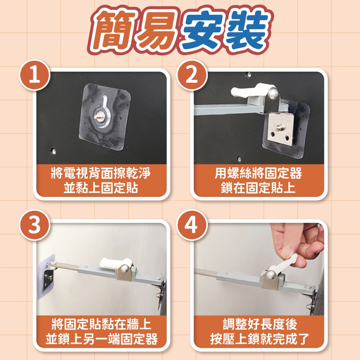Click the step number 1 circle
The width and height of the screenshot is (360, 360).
point(35,75)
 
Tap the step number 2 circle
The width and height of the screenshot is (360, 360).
point(192,75)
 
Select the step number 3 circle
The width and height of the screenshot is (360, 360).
point(35,225)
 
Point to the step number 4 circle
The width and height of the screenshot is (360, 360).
point(192,225)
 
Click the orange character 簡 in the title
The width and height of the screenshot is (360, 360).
point(115,30)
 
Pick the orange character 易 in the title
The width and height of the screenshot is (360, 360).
point(158,30)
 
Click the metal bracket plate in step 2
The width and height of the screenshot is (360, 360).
point(279,129)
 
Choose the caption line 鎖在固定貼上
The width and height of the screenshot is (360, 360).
point(258,188)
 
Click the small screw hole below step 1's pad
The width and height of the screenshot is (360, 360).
point(53,151)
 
